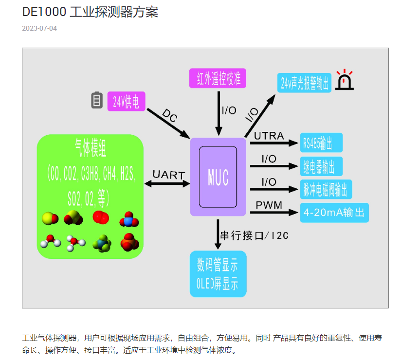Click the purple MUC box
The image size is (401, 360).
coord(218,177)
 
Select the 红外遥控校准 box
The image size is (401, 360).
coord(219,78)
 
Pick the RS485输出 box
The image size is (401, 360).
coord(321,143)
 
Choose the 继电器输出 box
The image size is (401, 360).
coord(321,166)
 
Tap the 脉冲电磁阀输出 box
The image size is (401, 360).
coord(326,189)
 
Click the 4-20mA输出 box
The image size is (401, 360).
coord(334,213)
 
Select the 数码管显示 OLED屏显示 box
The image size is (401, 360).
coord(218,274)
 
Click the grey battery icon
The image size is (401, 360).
coord(97,100)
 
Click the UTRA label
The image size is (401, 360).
coord(269,136)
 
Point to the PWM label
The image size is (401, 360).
coord(269,205)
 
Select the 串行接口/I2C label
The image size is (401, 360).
coord(255,236)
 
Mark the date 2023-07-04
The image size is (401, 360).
coord(39,28)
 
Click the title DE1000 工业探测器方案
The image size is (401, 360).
coord(90,12)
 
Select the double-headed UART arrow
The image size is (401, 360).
coord(167,183)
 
